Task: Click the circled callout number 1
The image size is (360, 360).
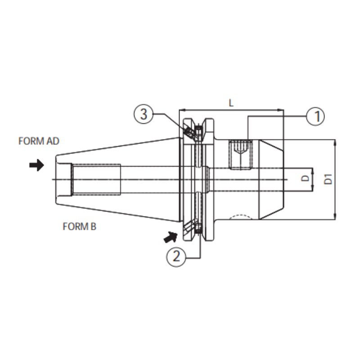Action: click(x=316, y=116)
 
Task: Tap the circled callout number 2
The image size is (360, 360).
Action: click(x=176, y=257)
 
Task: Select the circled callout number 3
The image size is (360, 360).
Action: click(x=144, y=114)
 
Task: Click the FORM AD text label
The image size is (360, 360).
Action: click(x=39, y=141)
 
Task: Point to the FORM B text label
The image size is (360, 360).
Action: click(x=80, y=227)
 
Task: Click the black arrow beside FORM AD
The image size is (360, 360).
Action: click(x=36, y=165)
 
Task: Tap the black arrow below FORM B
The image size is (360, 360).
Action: click(x=171, y=237)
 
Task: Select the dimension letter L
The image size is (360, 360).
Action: click(x=231, y=103)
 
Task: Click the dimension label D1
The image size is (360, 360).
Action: click(x=328, y=179)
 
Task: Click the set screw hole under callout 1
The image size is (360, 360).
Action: click(x=240, y=154)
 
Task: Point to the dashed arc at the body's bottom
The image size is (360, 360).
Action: click(x=240, y=217)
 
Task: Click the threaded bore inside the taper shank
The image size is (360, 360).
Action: click(x=96, y=179)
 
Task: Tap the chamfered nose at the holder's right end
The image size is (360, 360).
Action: click(x=271, y=180)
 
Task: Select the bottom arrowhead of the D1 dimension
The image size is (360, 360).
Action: click(x=335, y=216)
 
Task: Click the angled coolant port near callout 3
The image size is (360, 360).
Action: click(x=190, y=133)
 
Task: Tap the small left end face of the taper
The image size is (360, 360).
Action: click(x=56, y=180)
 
